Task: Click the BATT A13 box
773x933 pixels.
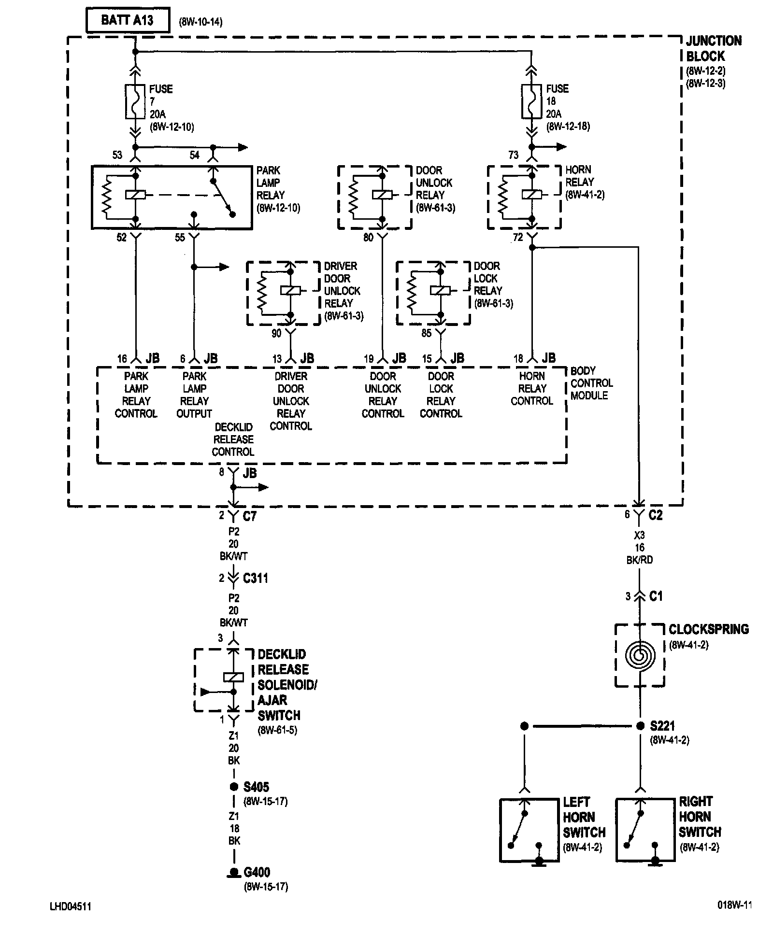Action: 128,21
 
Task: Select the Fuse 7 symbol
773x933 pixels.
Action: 135,101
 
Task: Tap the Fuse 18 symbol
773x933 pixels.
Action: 531,101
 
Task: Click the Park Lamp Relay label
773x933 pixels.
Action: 278,189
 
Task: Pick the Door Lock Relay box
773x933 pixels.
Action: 433,293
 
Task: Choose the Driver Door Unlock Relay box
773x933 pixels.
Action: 283,293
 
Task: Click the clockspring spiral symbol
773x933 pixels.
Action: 640,655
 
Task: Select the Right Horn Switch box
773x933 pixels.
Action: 645,830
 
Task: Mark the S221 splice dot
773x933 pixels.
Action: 640,726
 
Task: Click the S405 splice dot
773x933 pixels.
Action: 234,787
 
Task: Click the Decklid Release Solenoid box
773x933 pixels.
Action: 224,680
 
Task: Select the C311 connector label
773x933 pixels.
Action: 256,578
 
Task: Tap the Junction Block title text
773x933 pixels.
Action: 714,48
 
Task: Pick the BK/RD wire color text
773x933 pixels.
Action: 640,560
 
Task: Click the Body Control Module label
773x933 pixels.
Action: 591,383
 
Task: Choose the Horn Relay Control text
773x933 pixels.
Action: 532,389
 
